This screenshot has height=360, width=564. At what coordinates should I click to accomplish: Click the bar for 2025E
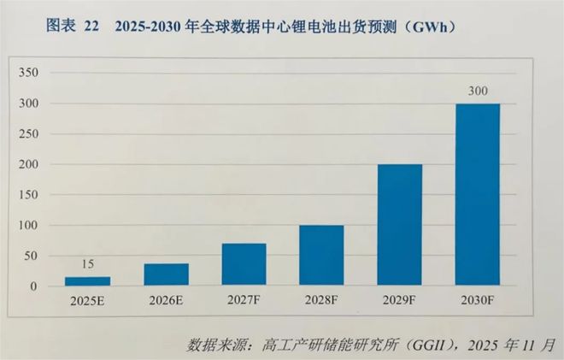pyautogui.click(x=88, y=280)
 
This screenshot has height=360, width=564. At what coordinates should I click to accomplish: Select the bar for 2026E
pyautogui.click(x=166, y=274)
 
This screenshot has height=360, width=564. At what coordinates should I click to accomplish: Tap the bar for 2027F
pyautogui.click(x=244, y=264)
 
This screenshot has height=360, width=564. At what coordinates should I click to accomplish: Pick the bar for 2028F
pyautogui.click(x=321, y=255)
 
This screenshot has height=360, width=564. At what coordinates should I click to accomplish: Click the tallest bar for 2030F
pyautogui.click(x=478, y=194)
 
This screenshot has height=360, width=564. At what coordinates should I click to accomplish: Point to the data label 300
pyautogui.click(x=478, y=91)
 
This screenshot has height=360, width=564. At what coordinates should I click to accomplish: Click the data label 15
pyautogui.click(x=88, y=265)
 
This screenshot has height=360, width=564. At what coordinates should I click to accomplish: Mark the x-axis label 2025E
pyautogui.click(x=88, y=302)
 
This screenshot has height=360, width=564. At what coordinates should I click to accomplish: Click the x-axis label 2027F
pyautogui.click(x=244, y=302)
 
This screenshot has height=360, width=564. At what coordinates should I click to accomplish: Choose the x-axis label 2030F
pyautogui.click(x=478, y=302)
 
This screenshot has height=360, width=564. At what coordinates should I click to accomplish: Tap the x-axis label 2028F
pyautogui.click(x=321, y=302)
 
